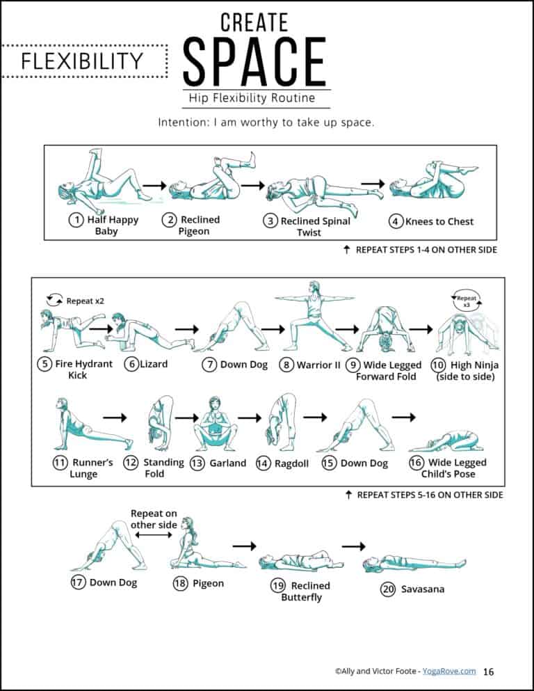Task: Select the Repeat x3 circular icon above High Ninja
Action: tap(467, 301)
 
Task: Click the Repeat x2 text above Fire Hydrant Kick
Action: tap(84, 301)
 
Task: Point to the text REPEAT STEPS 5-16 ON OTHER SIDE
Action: tap(429, 495)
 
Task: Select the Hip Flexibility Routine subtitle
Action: tap(251, 98)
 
